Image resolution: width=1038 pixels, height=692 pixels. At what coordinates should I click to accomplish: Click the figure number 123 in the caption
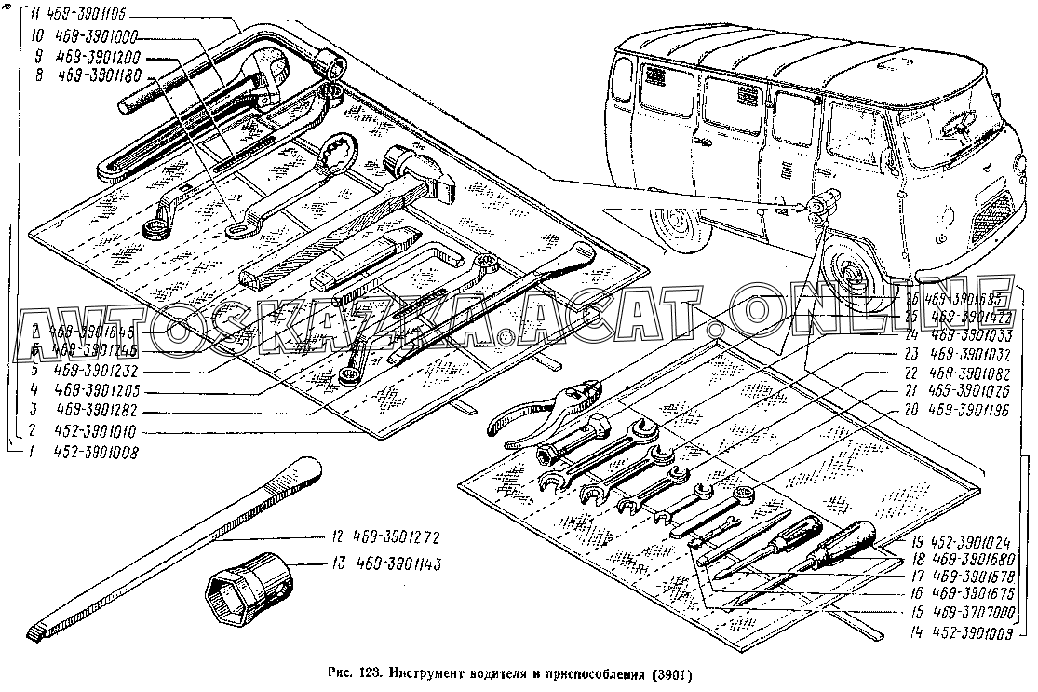click(370, 672)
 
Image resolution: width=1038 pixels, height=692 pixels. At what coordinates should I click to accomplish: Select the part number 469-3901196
click(976, 407)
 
